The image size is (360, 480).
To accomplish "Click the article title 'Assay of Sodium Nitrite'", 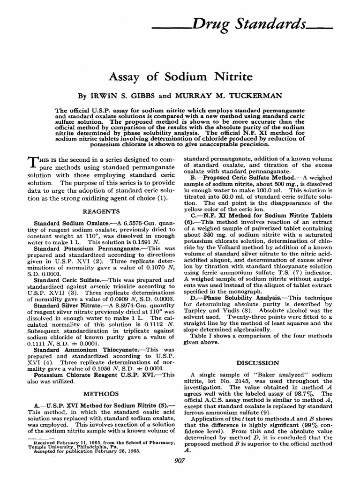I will coord(180,76).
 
